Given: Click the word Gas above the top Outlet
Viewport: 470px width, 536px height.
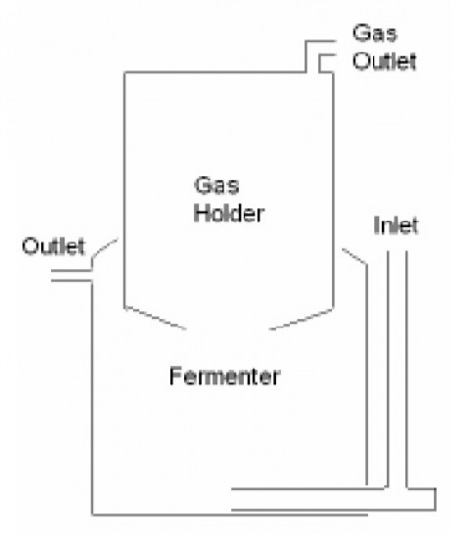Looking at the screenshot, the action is tap(375, 33).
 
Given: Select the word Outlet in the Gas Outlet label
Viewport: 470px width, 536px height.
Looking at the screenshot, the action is tap(385, 62).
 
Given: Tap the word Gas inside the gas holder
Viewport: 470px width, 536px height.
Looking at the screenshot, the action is tap(216, 185).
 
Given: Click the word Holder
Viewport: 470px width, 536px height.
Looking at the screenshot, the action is tap(229, 213).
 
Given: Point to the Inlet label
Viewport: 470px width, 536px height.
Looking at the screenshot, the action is tap(396, 225).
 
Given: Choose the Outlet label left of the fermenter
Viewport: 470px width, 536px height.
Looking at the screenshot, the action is tap(54, 246).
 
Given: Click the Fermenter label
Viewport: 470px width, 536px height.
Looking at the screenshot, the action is tap(225, 376).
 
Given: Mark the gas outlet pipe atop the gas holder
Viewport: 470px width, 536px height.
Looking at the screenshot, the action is tap(320, 57).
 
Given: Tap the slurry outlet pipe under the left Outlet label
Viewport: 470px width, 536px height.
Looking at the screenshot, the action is tap(71, 276).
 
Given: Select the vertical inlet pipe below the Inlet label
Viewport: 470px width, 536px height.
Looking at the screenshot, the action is tap(398, 369).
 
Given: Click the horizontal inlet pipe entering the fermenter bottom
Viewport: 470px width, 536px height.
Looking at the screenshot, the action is tap(308, 500).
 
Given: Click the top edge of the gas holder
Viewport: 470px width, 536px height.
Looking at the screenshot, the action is tap(214, 72).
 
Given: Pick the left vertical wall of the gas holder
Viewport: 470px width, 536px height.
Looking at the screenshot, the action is tap(124, 190).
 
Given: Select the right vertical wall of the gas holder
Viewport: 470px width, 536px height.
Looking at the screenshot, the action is tap(333, 191).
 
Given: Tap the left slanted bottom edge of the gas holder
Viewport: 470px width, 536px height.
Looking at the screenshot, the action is tap(156, 318).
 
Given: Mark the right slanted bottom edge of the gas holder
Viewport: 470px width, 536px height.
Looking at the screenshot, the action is tap(301, 320).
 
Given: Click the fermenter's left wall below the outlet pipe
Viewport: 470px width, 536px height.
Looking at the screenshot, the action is tap(92, 397).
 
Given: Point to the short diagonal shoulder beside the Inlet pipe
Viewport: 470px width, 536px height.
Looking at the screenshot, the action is tap(354, 256).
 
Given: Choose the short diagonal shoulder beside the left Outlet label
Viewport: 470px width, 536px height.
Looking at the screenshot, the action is tap(104, 248).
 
